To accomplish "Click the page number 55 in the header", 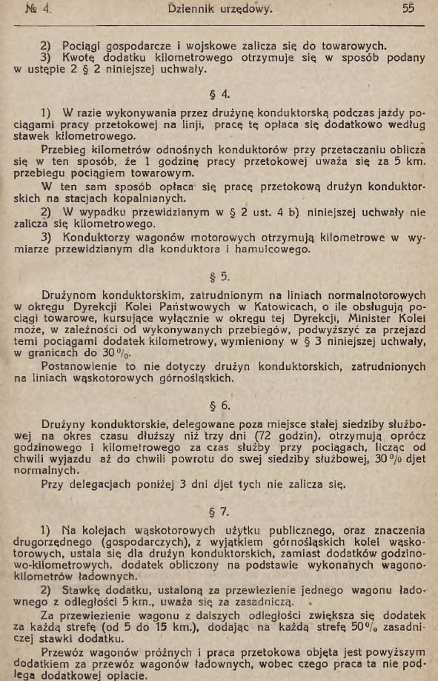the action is (406, 10).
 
